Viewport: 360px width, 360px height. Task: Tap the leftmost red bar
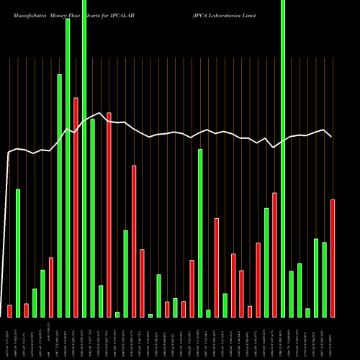tap(9, 310)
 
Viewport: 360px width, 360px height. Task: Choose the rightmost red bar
tap(333, 258)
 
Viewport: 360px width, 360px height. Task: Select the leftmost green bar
tap(18, 253)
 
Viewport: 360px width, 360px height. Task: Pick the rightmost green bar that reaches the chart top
tap(283, 158)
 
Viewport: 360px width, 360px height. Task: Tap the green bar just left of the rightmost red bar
tap(325, 279)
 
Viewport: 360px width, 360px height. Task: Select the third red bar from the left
tap(51, 287)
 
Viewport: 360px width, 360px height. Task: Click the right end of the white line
tap(332, 136)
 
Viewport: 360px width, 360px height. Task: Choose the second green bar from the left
tap(35, 302)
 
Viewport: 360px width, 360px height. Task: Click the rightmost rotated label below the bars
tap(333, 338)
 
